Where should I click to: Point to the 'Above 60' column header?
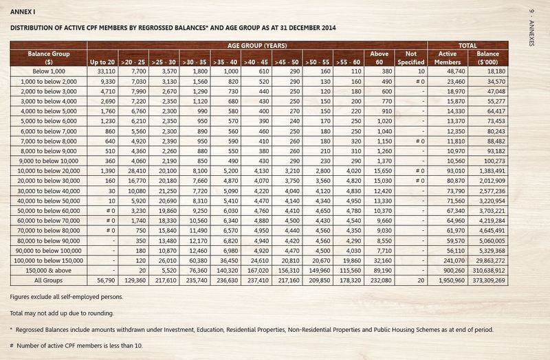[379, 58]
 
